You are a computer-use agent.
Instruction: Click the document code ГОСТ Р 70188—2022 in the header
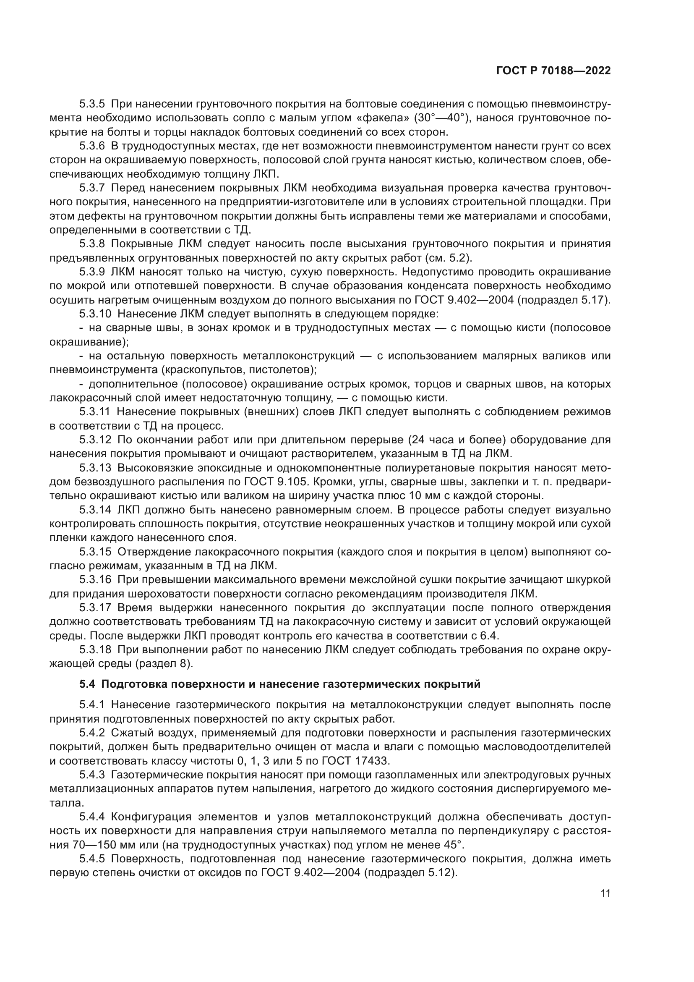553,71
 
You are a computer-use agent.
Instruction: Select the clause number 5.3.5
92,104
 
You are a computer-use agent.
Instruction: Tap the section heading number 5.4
88,684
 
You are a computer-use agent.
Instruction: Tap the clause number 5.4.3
92,775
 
